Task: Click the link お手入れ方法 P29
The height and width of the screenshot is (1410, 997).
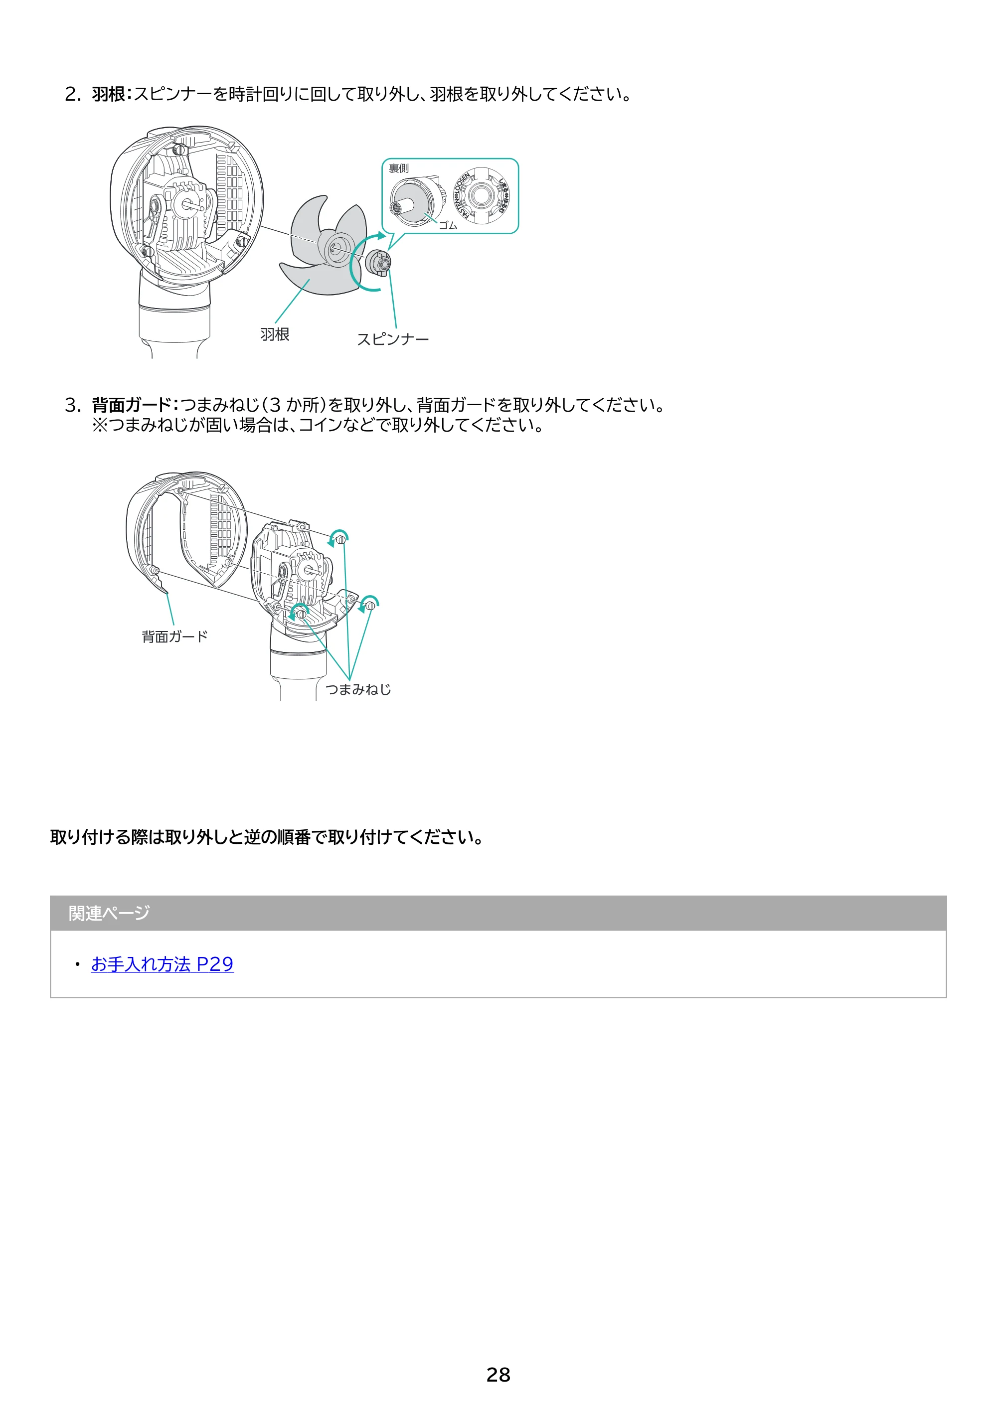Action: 162,964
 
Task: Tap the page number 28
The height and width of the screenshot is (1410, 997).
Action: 498,1375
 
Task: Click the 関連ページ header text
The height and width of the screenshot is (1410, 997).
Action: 109,913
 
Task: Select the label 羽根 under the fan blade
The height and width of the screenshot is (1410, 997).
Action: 275,335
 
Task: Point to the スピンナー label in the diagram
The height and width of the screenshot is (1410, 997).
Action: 392,339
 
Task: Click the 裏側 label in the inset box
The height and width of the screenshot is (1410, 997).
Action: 399,168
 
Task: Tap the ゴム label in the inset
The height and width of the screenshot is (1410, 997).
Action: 448,225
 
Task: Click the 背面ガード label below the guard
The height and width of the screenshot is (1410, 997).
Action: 175,637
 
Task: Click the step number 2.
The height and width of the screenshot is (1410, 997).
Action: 72,95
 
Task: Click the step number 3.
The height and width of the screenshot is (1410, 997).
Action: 72,405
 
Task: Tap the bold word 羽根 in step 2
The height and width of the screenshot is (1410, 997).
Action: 108,94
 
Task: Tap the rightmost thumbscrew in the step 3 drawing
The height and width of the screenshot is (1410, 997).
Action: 370,606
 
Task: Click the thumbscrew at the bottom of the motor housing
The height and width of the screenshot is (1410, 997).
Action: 301,614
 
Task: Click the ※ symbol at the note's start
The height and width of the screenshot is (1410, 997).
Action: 100,425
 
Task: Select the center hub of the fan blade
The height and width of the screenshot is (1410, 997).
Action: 335,248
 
